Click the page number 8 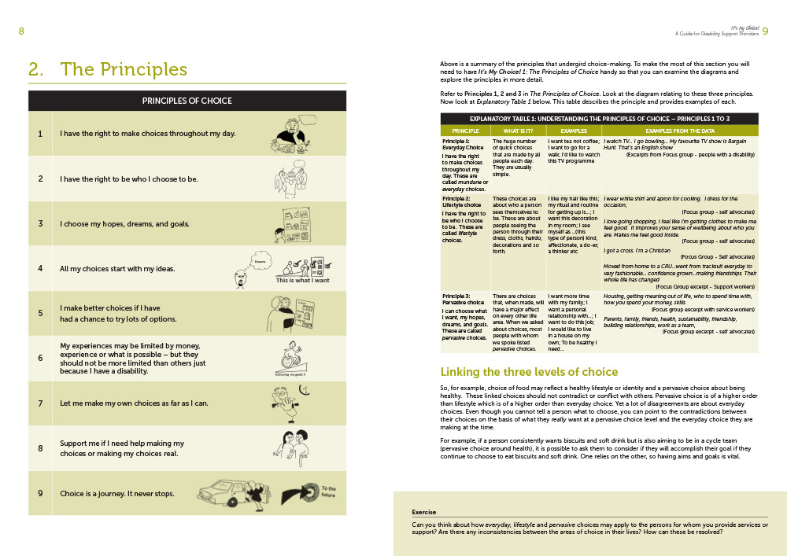(x=22, y=31)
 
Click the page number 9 (x=765, y=31)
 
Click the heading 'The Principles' (x=124, y=69)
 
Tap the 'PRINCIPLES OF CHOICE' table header (x=187, y=101)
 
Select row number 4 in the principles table (x=40, y=268)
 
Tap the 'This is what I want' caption (x=302, y=280)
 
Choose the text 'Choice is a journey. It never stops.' (x=117, y=494)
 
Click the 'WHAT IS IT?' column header (x=518, y=131)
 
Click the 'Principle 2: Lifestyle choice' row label (x=464, y=202)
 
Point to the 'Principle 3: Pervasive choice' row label (x=464, y=298)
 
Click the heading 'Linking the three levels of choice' (x=529, y=371)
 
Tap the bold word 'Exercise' (x=424, y=512)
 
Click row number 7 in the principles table (x=40, y=403)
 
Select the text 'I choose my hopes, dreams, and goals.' (x=125, y=223)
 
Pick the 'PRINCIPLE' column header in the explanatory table (x=466, y=131)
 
